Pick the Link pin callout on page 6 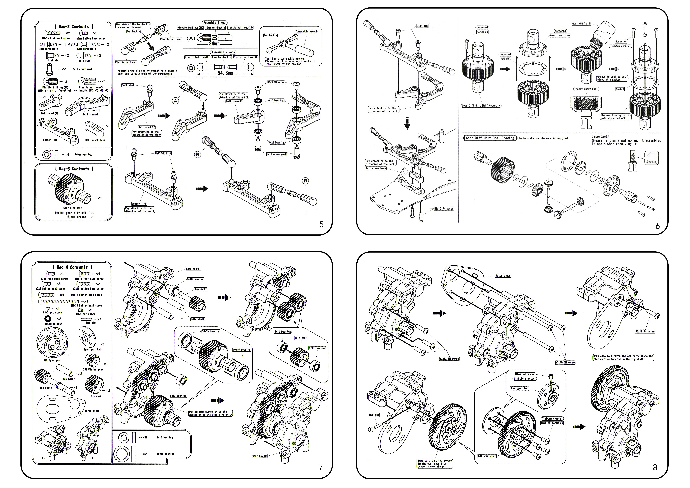[x=422, y=26]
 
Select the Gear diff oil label [x=581, y=23]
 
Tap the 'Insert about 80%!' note [x=586, y=89]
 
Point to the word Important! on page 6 [x=600, y=136]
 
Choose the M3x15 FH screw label [x=444, y=209]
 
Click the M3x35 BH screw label [x=565, y=362]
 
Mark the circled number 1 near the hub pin [x=371, y=430]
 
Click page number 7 [x=320, y=468]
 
